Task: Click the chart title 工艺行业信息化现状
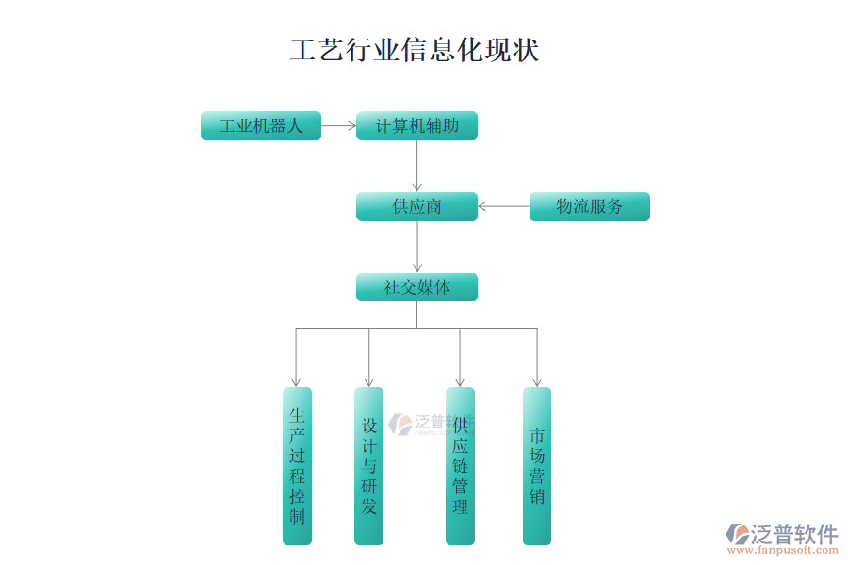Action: [415, 50]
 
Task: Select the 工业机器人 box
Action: [261, 125]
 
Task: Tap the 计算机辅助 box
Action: [416, 125]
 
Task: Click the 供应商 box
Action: [416, 206]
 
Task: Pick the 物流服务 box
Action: [589, 206]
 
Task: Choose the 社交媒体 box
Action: [416, 287]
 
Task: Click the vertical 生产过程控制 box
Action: [297, 465]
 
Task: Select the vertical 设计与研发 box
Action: [368, 465]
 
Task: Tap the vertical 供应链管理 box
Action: [460, 465]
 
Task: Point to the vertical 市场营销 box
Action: [537, 465]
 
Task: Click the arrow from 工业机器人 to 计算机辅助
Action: [338, 125]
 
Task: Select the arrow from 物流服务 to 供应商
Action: [503, 206]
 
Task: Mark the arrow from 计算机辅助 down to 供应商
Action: [416, 166]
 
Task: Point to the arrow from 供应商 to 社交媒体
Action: [416, 247]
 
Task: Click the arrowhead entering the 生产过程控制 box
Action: [297, 380]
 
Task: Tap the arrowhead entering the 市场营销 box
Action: [537, 380]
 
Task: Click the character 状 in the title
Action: [526, 50]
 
